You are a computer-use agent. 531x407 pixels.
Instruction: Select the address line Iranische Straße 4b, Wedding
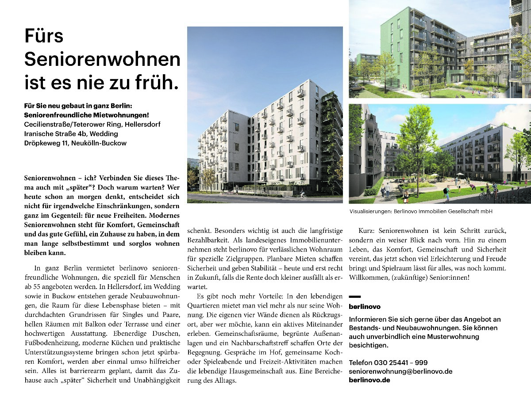(71, 133)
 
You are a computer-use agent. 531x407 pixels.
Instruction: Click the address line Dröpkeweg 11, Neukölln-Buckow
(75, 143)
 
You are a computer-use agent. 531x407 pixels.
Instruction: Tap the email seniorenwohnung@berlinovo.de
(400, 372)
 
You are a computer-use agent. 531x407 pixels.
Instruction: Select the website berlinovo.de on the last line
(369, 380)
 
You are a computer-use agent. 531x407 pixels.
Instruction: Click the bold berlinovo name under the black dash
(365, 306)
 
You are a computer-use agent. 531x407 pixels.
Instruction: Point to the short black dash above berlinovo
(355, 297)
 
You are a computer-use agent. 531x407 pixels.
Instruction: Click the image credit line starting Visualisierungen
(421, 212)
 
